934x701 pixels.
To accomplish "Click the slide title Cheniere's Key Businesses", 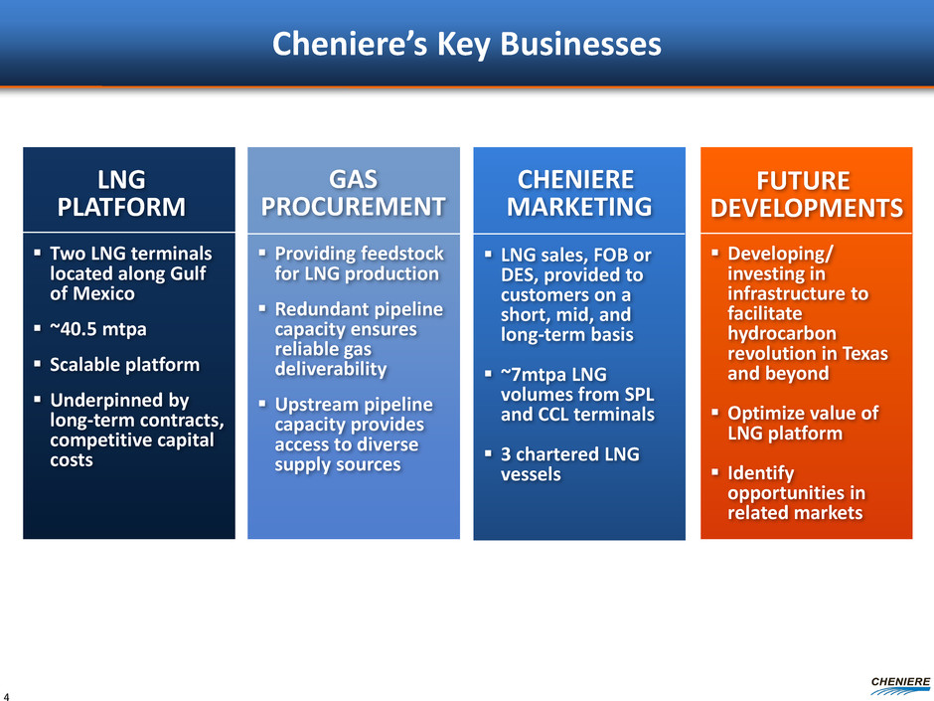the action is pos(466,45).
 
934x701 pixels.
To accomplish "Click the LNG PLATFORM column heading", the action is pos(121,193).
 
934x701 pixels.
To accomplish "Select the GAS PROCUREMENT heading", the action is pos(353,193).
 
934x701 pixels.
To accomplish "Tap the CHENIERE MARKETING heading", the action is pos(579,193).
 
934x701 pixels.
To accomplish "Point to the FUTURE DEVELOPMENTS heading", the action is pos(807,194).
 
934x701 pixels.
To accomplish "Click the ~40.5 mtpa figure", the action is pos(98,329).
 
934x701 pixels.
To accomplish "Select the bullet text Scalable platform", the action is pos(124,364).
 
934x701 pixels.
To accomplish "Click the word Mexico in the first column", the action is pos(102,293).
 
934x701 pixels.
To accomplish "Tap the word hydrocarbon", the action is pos(782,333).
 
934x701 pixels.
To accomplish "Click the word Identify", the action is pos(761,473).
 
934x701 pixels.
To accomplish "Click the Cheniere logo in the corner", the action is pos(900,685).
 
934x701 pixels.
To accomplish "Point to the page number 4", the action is pos(6,696).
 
